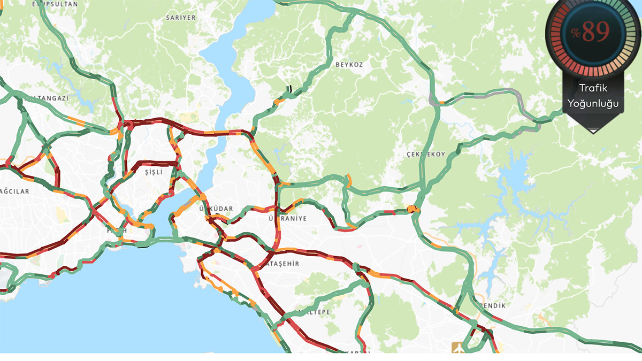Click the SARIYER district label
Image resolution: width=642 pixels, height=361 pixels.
[x=182, y=18]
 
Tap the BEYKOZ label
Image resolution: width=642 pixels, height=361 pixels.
[x=349, y=65]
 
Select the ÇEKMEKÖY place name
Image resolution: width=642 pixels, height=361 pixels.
[x=425, y=154]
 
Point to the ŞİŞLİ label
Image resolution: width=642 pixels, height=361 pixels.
[x=153, y=172]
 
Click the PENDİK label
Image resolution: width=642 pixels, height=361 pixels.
[x=493, y=305]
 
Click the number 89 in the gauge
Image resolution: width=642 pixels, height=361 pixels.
[x=595, y=33]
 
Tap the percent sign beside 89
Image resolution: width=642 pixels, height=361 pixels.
[x=576, y=33]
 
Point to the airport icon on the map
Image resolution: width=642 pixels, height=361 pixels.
[x=458, y=348]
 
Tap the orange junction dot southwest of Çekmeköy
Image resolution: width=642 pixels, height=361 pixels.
[x=411, y=209]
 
